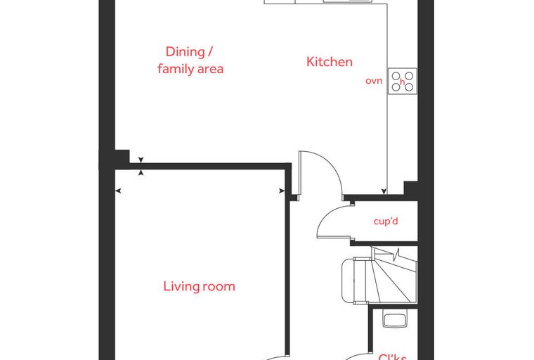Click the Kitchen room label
pos(330,62)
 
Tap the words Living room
pos(200,286)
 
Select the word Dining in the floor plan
pos(185,51)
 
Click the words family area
pos(190,68)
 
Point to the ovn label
pos(374,81)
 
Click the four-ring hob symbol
pos(403,82)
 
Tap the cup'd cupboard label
pos(386,221)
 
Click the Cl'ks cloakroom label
pos(392,357)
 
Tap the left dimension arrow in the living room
pos(118,191)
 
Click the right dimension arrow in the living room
pos(282,191)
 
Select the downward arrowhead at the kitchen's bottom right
pos(384,191)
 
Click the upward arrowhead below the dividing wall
pos(141,172)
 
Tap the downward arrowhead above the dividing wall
pos(141,160)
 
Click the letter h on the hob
pos(402,82)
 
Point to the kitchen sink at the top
pos(346,1)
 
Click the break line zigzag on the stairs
pos(397,255)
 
